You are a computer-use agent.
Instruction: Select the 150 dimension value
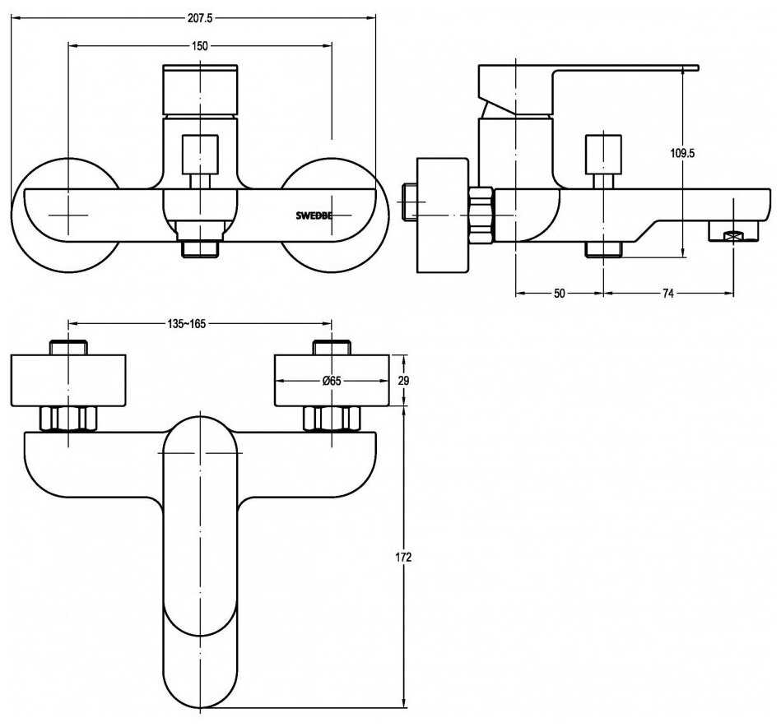pyautogui.click(x=200, y=46)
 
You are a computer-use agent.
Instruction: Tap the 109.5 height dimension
pyautogui.click(x=684, y=153)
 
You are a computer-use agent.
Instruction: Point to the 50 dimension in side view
pyautogui.click(x=559, y=294)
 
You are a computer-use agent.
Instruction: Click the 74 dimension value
pyautogui.click(x=668, y=294)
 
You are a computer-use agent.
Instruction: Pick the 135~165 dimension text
pyautogui.click(x=186, y=324)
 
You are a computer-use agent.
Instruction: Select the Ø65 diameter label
pyautogui.click(x=332, y=381)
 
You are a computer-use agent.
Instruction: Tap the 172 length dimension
pyautogui.click(x=404, y=558)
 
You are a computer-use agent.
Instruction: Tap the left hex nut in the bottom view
pyautogui.click(x=68, y=419)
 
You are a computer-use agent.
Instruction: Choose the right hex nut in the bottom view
pyautogui.click(x=332, y=419)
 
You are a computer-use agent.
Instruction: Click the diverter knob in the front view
pyautogui.click(x=200, y=154)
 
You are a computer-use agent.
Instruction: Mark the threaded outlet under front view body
pyautogui.click(x=200, y=246)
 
